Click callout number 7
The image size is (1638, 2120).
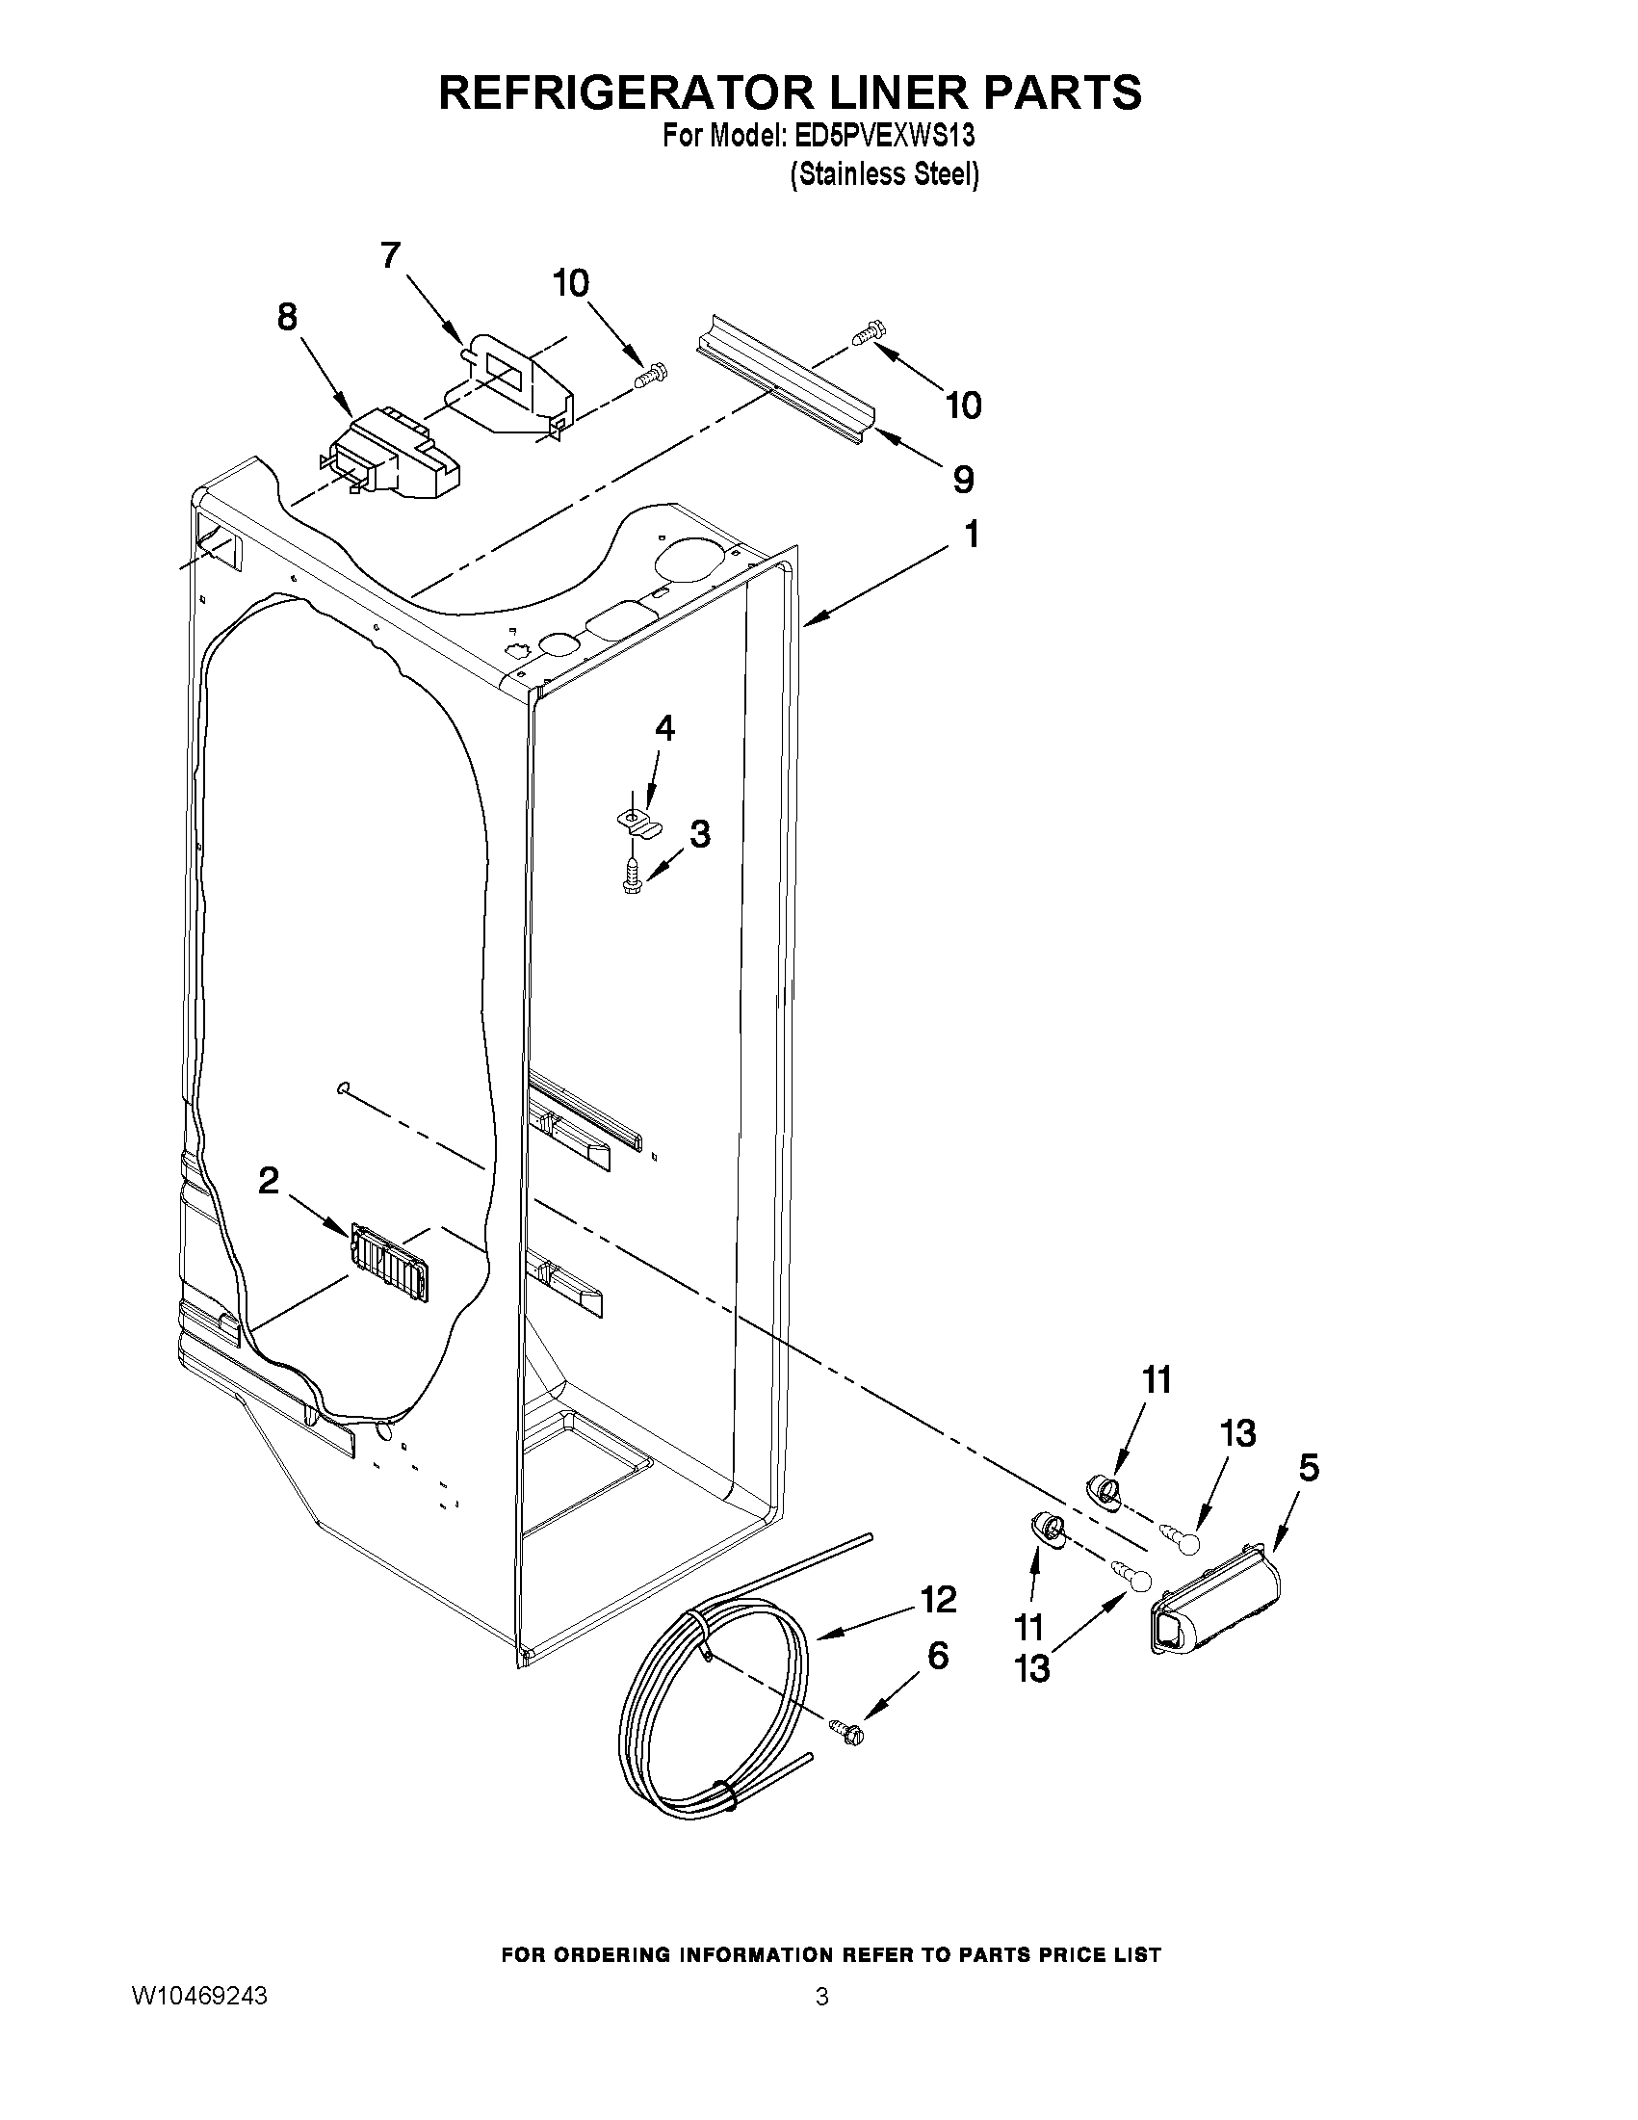tap(389, 255)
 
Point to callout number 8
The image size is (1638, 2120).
tap(287, 318)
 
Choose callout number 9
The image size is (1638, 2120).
tap(963, 479)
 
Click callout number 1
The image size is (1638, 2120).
tap(971, 535)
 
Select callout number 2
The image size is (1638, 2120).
tap(269, 1180)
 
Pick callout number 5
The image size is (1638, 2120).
tap(1308, 1469)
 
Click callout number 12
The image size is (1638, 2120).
tap(939, 1599)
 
